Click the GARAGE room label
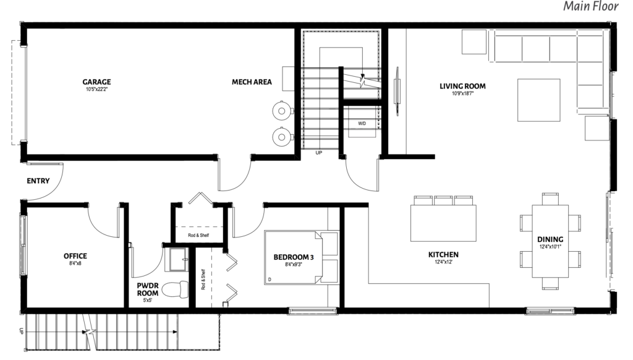coord(96,82)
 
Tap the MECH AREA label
coord(252,82)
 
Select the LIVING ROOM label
coord(462,86)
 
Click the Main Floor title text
coord(590,6)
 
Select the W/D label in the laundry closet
coord(362,123)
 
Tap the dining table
coord(550,241)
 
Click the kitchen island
coord(443,223)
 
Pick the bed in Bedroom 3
coord(301,257)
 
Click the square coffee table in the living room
coord(539,100)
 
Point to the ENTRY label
coord(38,181)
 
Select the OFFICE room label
coord(75,255)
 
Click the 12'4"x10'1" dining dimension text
coord(550,246)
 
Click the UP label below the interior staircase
coord(318,153)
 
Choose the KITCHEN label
coord(443,255)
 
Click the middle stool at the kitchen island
coord(443,200)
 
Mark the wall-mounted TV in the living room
coord(397,92)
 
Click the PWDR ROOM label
coord(147,289)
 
